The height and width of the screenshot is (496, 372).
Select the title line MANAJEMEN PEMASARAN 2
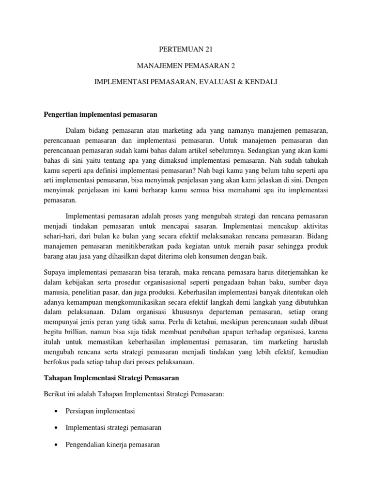186,66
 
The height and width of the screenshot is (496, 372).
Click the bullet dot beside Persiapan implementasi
57,411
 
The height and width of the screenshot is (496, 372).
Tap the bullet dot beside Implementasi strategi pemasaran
57,428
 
